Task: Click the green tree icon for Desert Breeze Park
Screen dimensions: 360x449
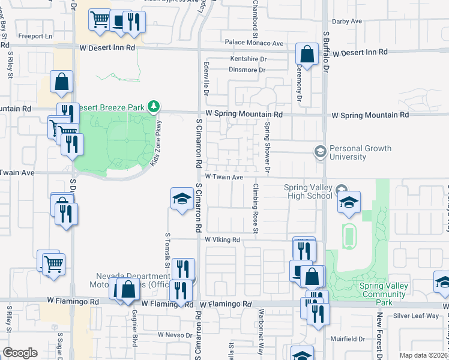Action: [154, 107]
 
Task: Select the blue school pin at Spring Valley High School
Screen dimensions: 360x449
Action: [349, 203]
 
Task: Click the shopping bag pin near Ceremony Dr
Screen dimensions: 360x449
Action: [307, 55]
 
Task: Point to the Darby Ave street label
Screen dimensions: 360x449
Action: [347, 21]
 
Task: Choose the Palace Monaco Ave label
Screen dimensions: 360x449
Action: [254, 43]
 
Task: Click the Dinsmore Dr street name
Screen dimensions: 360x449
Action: [247, 70]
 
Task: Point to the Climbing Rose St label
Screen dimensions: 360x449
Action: [255, 208]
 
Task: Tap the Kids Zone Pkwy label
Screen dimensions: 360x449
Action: [157, 143]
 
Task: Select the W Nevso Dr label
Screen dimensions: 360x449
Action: [174, 334]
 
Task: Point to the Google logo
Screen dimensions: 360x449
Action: [20, 353]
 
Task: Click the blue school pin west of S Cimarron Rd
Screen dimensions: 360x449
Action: [181, 199]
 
